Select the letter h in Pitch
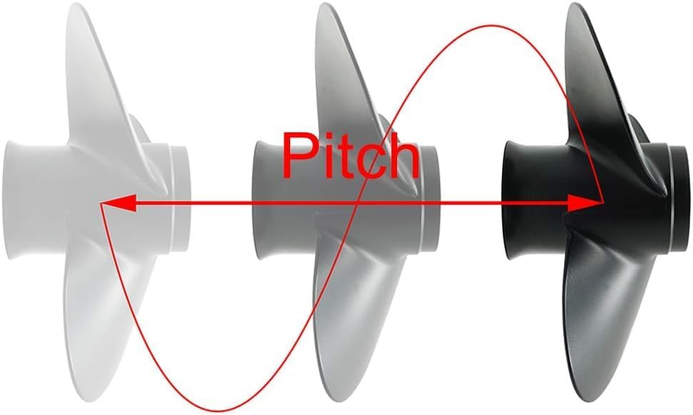click(x=400, y=157)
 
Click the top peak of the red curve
click(x=492, y=27)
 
